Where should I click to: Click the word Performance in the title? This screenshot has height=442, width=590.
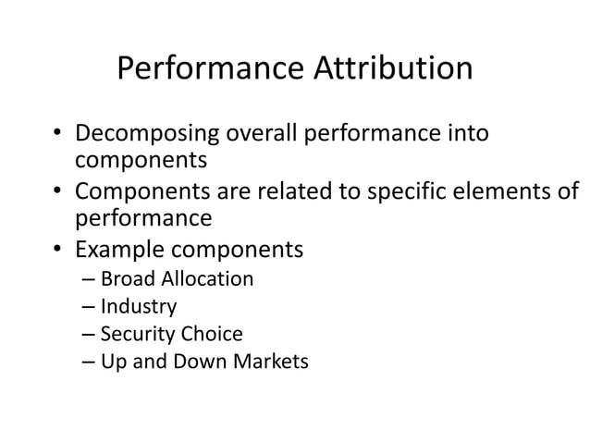(x=210, y=70)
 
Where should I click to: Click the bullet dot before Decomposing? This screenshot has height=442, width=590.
(x=57, y=136)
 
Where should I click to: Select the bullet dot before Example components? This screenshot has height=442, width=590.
(x=57, y=252)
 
